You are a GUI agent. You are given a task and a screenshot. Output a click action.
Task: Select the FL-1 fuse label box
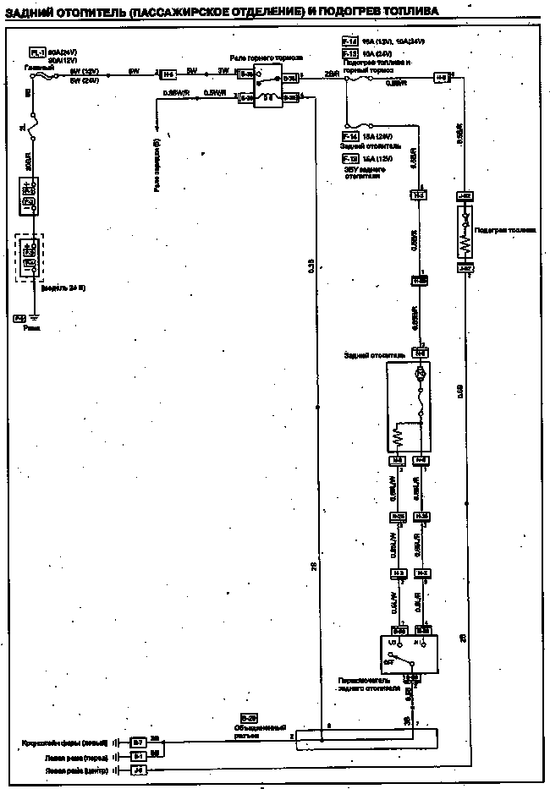click(x=37, y=52)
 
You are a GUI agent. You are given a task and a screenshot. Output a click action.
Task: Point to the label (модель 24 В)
click(x=63, y=288)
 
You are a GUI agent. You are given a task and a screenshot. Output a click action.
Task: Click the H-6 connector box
click(x=168, y=74)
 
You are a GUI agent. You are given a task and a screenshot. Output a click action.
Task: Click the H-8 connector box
click(x=442, y=77)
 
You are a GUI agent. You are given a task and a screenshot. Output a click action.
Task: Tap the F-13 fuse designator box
click(x=349, y=52)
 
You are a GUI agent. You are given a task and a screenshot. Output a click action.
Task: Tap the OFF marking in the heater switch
click(x=390, y=663)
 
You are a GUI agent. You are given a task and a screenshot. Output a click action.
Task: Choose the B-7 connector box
click(x=138, y=742)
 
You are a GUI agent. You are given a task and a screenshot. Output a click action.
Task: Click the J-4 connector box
click(x=138, y=771)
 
